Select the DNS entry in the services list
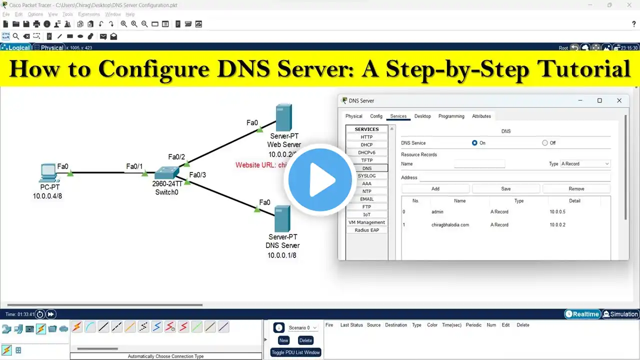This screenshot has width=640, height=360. coord(367,168)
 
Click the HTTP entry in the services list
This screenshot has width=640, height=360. coord(367,137)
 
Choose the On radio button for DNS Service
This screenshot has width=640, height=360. coord(474,143)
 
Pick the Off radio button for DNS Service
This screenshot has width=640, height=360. coord(545,143)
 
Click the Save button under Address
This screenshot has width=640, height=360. coord(506,189)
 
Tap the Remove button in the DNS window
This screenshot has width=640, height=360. coord(576,189)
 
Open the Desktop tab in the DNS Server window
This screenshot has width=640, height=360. coord(422,116)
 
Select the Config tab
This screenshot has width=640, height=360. coord(376,116)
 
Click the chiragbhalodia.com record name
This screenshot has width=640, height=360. coord(450,225)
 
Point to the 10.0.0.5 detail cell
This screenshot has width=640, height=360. coord(557,212)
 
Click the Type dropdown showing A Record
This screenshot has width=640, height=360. coord(585,164)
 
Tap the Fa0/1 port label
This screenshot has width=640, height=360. coord(134,166)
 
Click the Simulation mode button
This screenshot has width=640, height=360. coord(620,314)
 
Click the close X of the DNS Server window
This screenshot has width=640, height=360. coord(619,100)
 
